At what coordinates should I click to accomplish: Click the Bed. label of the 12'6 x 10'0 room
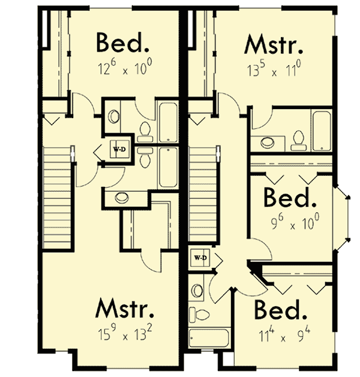122,44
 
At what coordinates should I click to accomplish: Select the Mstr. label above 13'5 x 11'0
273,44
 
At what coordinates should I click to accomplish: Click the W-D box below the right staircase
199,258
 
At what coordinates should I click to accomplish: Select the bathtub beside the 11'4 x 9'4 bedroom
209,337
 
